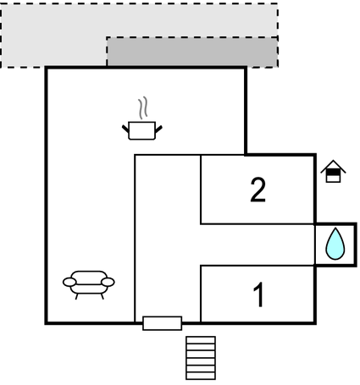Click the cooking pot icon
[x=142, y=130]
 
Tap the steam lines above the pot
[x=143, y=107]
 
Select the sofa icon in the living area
[x=89, y=284]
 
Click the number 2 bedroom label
[x=258, y=190]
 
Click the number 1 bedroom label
[x=258, y=294]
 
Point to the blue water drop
[x=335, y=244]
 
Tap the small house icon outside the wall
[x=333, y=171]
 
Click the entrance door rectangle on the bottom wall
[x=163, y=323]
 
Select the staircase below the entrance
[x=201, y=358]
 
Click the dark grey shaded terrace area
[x=192, y=52]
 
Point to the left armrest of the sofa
[x=69, y=282]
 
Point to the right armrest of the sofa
[x=108, y=282]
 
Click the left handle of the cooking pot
[x=125, y=129]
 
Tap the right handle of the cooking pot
[x=158, y=129]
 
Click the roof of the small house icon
[x=333, y=166]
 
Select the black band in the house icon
[x=333, y=172]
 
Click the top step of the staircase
[x=201, y=340]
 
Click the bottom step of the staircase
[x=201, y=376]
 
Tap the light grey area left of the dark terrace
[x=53, y=36]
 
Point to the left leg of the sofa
[x=76, y=296]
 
